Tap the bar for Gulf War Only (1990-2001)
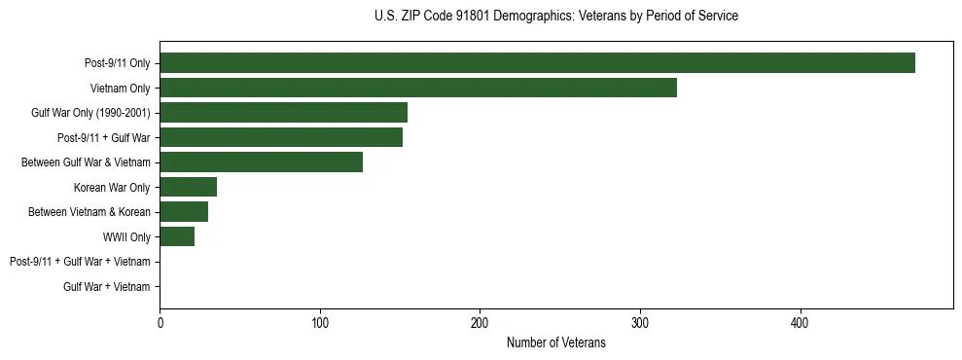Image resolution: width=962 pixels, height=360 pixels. (283, 113)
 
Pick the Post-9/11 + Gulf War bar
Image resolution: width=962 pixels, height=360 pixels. (281, 137)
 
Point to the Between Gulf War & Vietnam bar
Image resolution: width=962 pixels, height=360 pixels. (261, 162)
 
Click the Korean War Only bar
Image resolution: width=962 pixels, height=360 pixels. (188, 187)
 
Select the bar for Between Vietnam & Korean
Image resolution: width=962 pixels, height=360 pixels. (184, 212)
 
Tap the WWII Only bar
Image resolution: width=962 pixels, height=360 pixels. (177, 236)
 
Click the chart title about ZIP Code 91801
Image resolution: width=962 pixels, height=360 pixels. (555, 17)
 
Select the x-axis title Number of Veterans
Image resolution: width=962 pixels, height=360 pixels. (555, 343)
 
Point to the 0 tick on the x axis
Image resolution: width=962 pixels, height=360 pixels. (160, 323)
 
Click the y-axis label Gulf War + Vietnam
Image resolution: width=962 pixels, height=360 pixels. (106, 286)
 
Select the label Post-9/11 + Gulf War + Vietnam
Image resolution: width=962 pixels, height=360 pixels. (80, 262)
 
